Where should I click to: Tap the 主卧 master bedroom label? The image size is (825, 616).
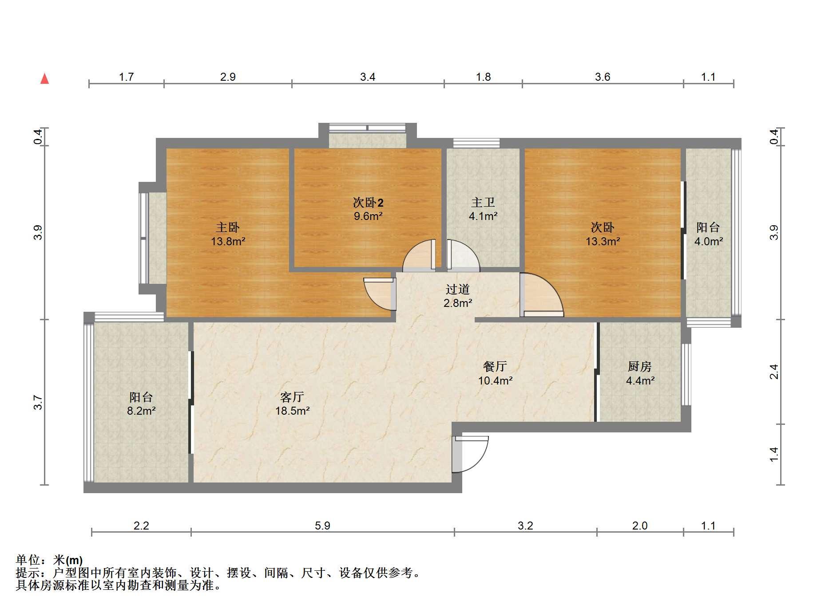pos(228,228)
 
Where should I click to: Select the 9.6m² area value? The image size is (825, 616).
pos(368,216)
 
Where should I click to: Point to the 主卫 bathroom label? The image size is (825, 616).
pos(483,203)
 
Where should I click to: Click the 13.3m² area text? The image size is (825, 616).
pos(603,241)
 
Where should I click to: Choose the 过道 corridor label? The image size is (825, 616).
pos(458,289)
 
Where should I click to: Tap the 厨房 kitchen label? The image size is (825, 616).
pos(640,366)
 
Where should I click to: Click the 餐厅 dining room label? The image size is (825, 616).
pos(495,366)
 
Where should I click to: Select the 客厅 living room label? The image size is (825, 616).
pos(292,396)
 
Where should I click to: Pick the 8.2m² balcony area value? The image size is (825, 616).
pos(141,411)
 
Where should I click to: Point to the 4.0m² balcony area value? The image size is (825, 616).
pos(709,241)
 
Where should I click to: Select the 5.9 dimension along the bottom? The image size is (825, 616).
pos(323,526)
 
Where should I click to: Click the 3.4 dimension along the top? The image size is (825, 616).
pos(368,77)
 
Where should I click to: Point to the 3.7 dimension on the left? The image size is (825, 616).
pos(38,402)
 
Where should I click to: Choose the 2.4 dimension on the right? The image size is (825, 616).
pos(774,372)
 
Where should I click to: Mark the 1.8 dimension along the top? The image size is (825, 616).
pos(484,77)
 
